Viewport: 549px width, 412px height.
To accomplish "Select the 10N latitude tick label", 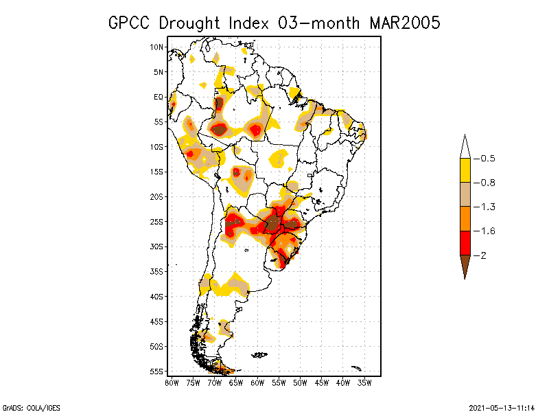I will pyautogui.click(x=157, y=47).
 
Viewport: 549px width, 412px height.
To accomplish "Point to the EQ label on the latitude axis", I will pyautogui.click(x=159, y=97).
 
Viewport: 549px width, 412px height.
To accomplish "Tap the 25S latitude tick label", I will pyautogui.click(x=157, y=221).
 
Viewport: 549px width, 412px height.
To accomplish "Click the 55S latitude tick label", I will pyautogui.click(x=157, y=371).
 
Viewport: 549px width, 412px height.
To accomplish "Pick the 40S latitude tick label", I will pyautogui.click(x=157, y=296).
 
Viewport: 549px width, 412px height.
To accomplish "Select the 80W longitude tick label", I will pyautogui.click(x=172, y=382).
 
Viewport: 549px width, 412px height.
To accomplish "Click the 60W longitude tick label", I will pyautogui.click(x=257, y=382).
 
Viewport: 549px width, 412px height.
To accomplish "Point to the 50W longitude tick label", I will pyautogui.click(x=300, y=382).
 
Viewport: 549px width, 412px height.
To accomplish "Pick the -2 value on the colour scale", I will pyautogui.click(x=483, y=255).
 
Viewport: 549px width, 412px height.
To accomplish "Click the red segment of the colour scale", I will pyautogui.click(x=465, y=242).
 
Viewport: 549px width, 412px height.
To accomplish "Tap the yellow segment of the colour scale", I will pyautogui.click(x=465, y=170).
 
